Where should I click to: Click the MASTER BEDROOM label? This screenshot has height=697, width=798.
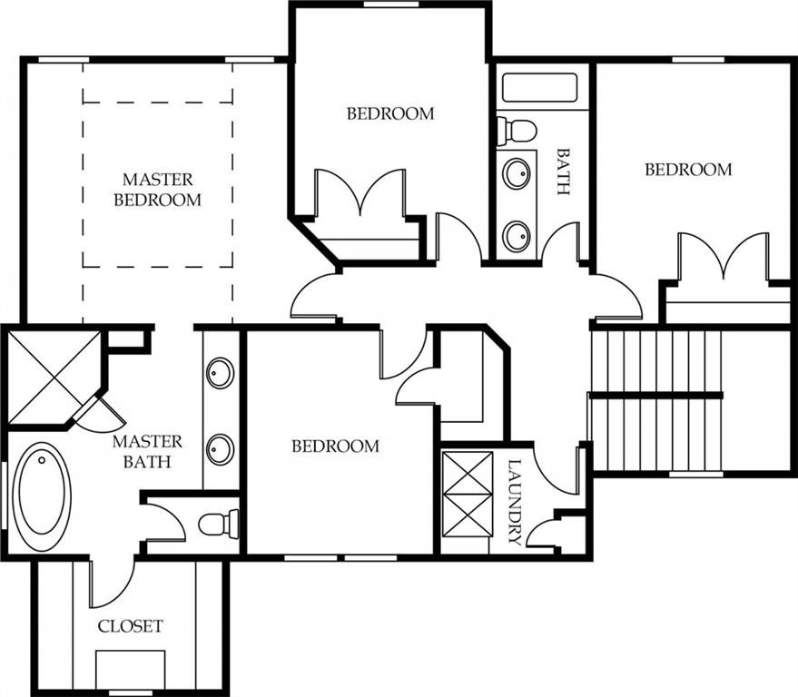[x=157, y=190]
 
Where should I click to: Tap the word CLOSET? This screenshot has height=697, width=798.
[x=131, y=626]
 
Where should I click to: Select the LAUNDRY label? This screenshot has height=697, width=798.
[x=515, y=502]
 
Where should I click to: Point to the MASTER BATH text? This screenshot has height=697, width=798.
[x=147, y=452]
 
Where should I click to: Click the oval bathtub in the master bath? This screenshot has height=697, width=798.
[x=42, y=496]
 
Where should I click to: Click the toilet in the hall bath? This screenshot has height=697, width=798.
[x=517, y=131]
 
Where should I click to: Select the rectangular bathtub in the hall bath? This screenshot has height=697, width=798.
[x=539, y=87]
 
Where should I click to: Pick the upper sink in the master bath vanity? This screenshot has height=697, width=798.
[x=221, y=373]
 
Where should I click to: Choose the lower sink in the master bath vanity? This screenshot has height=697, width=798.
[x=221, y=448]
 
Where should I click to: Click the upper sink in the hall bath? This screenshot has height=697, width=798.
[x=517, y=173]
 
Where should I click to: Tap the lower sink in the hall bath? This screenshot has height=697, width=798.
[x=517, y=236]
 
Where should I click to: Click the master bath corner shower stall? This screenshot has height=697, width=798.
[x=54, y=377]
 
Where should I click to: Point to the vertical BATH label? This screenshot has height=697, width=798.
[x=562, y=172]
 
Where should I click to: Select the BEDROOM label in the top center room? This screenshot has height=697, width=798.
[x=390, y=113]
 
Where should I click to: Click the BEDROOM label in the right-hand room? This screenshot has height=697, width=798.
[x=688, y=170]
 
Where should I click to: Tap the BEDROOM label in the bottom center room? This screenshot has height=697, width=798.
[x=335, y=447]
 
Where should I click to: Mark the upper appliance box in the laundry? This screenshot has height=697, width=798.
[x=468, y=473]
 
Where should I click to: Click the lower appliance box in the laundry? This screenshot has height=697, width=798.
[x=468, y=515]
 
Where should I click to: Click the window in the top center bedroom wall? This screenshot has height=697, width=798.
[x=391, y=4]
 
